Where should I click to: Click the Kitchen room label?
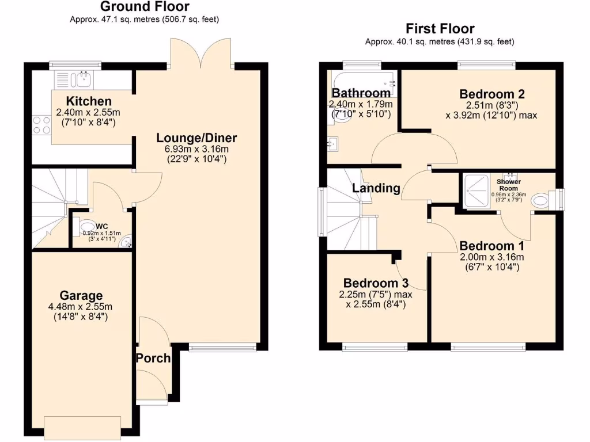pyautogui.click(x=88, y=101)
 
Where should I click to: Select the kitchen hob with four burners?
pyautogui.click(x=42, y=125)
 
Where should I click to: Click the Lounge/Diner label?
pyautogui.click(x=196, y=138)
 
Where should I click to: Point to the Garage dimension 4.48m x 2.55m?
pyautogui.click(x=80, y=306)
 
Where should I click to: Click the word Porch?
pyautogui.click(x=153, y=358)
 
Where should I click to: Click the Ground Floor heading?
pyautogui.click(x=145, y=7)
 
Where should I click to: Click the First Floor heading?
pyautogui.click(x=440, y=29)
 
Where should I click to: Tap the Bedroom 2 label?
pyautogui.click(x=491, y=94)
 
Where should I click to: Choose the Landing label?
pyautogui.click(x=376, y=188)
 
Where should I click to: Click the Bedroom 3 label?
pyautogui.click(x=376, y=283)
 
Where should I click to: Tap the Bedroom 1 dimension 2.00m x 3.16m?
pyautogui.click(x=491, y=257)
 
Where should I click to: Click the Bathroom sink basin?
pyautogui.click(x=332, y=143)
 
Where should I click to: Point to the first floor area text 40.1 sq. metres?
pyautogui.click(x=440, y=41)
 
